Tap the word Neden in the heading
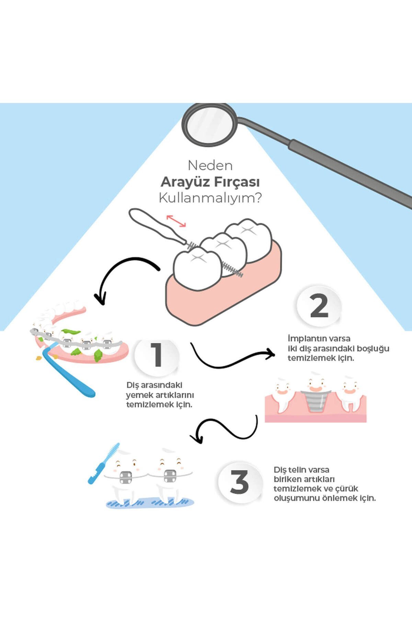(210, 165)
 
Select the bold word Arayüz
(183, 182)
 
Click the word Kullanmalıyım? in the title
(210, 198)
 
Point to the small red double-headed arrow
(176, 221)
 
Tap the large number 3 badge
(239, 482)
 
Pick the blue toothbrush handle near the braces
(70, 374)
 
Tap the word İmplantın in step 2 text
(303, 339)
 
